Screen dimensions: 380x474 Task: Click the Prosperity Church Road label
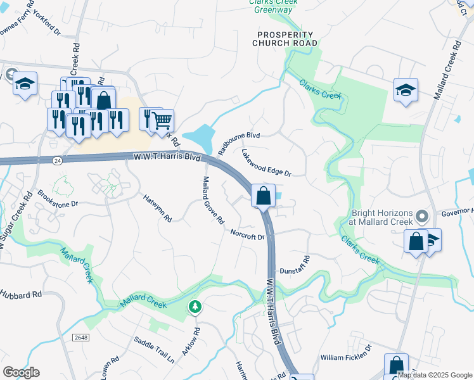click(x=283, y=39)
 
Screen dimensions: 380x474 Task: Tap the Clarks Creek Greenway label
click(x=273, y=6)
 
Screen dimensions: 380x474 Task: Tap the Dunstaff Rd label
click(x=295, y=264)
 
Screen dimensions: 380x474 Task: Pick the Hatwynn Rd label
click(x=157, y=207)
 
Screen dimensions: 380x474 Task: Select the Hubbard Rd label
click(x=20, y=294)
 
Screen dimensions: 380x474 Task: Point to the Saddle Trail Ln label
click(x=154, y=350)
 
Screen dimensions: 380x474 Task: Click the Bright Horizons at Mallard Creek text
click(x=380, y=218)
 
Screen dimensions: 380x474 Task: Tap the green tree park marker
click(x=196, y=307)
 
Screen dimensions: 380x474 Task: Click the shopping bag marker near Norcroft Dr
click(x=264, y=196)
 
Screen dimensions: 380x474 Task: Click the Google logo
click(x=21, y=372)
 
